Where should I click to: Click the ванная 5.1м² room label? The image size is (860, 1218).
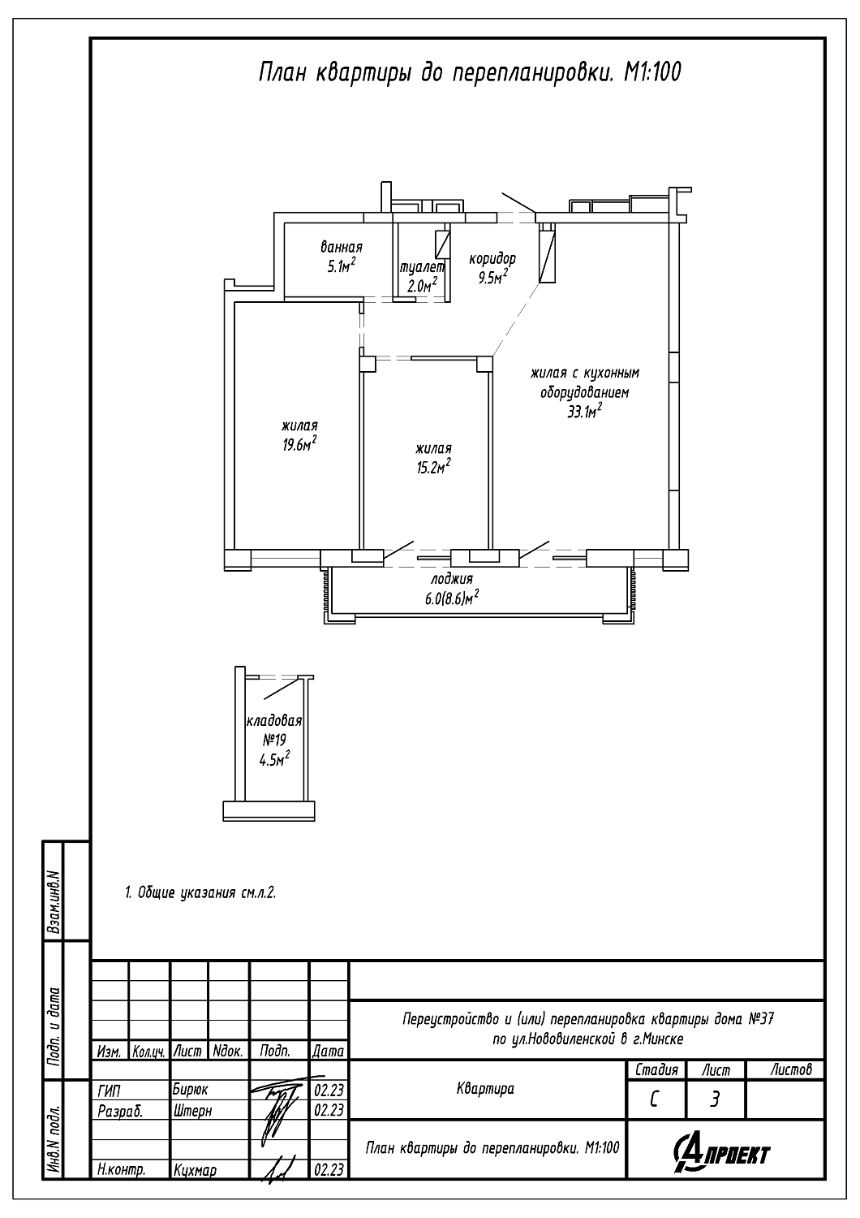[x=342, y=257]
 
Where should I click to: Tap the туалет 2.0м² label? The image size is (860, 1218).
[x=422, y=278]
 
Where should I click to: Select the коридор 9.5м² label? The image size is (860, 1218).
[x=492, y=267]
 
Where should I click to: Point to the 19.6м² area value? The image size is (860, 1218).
[x=299, y=444]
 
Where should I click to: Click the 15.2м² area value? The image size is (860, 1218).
[x=433, y=467]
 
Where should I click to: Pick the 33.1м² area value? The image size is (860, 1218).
[x=585, y=412]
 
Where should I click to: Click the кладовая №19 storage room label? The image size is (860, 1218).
[x=273, y=730]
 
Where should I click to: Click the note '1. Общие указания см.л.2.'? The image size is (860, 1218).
[x=200, y=892]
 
